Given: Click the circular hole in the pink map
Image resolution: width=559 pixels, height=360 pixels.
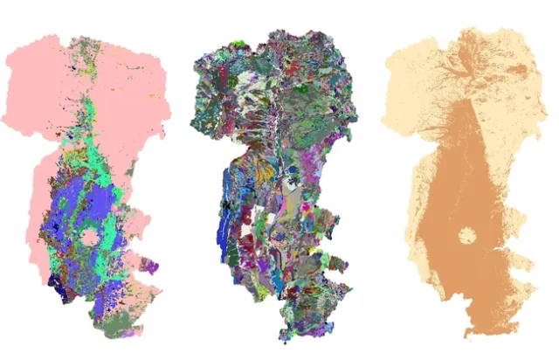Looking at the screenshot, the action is point(90,237).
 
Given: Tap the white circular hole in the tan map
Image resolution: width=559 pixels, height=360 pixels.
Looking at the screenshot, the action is point(467,236).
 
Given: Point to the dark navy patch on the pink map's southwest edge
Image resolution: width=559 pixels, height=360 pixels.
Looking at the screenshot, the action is point(57,282).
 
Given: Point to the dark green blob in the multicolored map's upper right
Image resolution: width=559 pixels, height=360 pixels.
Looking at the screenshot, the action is point(302,87).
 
